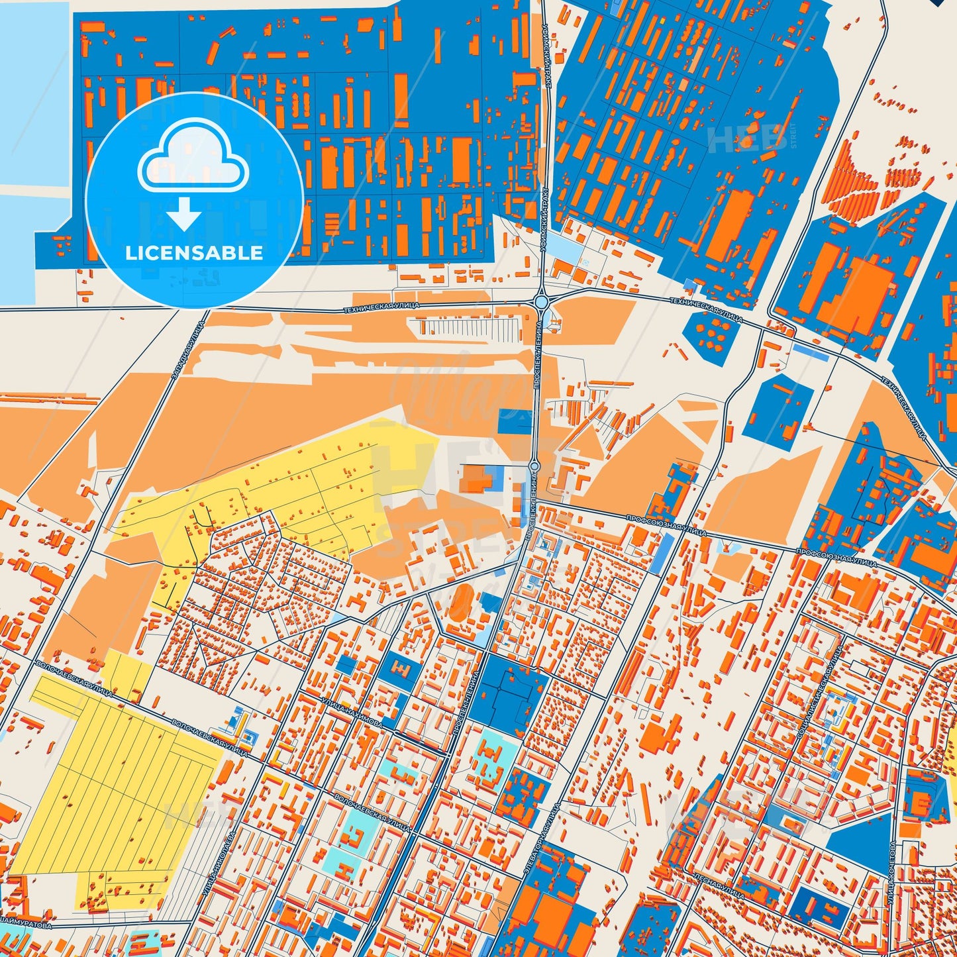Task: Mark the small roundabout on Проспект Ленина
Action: tap(535, 467)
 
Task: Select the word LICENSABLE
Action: tap(194, 252)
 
